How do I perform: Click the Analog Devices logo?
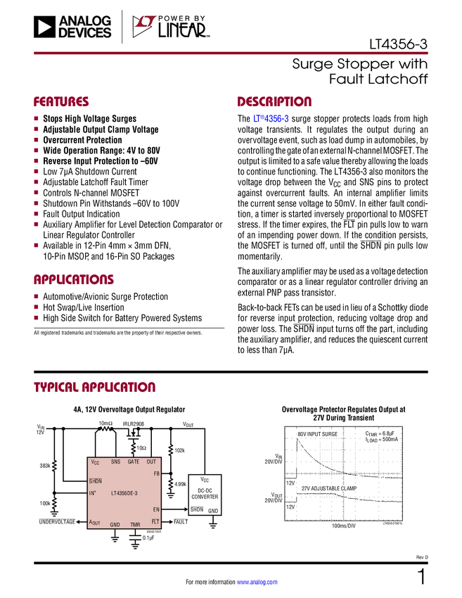point(72,27)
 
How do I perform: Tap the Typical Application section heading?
point(94,388)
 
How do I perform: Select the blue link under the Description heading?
point(271,120)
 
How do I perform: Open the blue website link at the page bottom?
point(258,583)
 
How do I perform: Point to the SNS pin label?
point(115,462)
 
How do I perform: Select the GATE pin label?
point(134,462)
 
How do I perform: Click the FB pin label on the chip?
point(156,474)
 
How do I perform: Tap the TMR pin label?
point(135,525)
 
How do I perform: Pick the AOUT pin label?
point(95,523)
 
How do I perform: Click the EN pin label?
point(156,509)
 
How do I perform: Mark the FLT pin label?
point(156,521)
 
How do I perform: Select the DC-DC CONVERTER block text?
point(205,493)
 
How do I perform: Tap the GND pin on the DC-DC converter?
point(213,510)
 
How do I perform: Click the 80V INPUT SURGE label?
point(317,434)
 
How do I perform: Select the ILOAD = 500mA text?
point(381,440)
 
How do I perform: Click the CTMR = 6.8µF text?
point(381,433)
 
